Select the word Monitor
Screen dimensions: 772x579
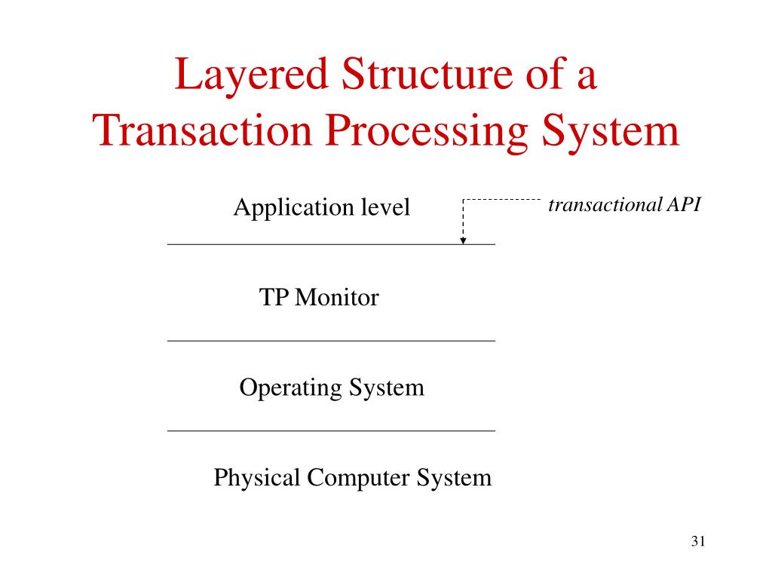tap(336, 298)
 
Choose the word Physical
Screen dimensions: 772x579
tap(250, 478)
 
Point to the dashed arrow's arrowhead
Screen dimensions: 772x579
tap(463, 240)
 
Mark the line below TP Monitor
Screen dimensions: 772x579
tap(331, 341)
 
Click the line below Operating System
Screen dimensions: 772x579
tap(331, 430)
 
